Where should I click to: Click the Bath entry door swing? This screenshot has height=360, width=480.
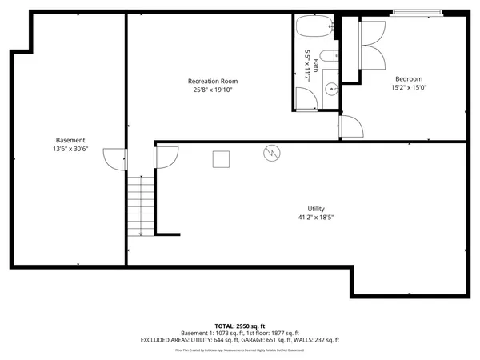(306, 98)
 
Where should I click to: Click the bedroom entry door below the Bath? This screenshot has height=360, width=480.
(351, 126)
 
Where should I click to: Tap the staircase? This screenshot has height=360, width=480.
(140, 206)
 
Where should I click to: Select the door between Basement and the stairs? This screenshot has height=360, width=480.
(113, 159)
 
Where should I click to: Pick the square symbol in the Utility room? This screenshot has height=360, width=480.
(222, 159)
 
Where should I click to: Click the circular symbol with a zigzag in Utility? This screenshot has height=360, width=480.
(271, 151)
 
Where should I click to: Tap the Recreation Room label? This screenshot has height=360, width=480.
(212, 81)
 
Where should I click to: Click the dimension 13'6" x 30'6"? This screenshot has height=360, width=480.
(70, 149)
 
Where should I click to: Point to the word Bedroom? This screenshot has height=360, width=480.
(409, 78)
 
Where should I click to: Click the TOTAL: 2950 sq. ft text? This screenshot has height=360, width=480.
(239, 326)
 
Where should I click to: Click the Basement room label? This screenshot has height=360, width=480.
(70, 140)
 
